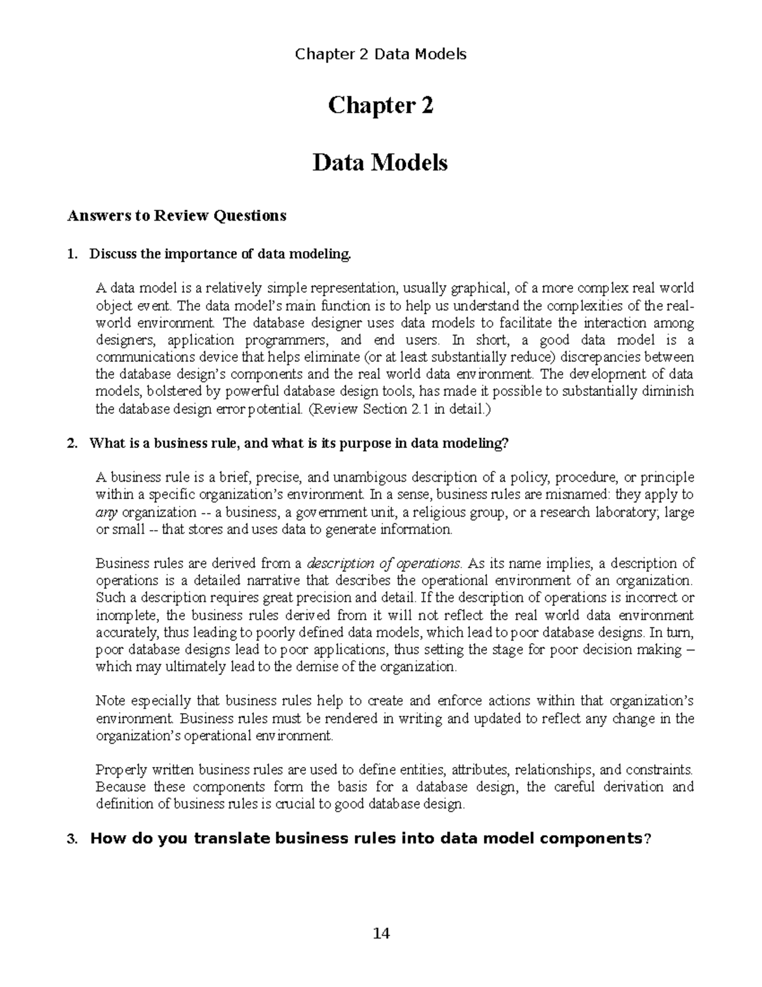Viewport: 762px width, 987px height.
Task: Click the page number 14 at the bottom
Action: tap(381, 933)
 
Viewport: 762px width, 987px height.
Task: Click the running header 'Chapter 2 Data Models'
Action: tap(381, 54)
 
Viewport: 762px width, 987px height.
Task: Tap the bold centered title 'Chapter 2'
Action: tap(381, 106)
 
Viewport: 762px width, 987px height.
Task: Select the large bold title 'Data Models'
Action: tap(380, 163)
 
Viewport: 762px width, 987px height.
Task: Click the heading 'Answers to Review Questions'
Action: tap(177, 215)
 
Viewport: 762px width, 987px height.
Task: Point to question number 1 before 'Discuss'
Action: tap(72, 255)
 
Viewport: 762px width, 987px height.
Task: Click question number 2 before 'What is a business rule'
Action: tap(72, 444)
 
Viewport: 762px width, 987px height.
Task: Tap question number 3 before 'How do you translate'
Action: tap(72, 839)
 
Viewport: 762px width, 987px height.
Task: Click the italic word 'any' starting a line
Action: tap(106, 512)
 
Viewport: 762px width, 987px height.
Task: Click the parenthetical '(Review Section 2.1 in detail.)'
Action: tap(399, 410)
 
